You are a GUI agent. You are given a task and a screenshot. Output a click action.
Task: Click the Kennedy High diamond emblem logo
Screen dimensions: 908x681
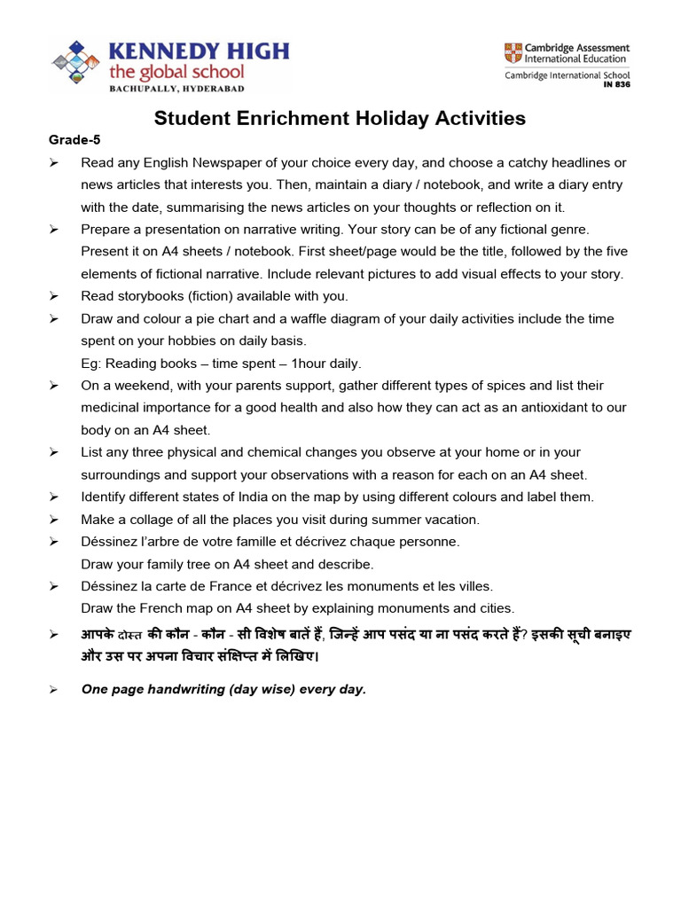click(x=77, y=64)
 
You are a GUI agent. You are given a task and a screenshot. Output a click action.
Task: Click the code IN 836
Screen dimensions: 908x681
click(x=615, y=84)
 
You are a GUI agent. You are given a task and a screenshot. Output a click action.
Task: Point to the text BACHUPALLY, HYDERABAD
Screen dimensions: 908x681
click(x=176, y=89)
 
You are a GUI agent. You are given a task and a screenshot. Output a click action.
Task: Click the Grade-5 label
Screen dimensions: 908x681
click(x=69, y=140)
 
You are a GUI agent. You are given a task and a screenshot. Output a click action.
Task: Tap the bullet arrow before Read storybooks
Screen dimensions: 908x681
click(x=53, y=296)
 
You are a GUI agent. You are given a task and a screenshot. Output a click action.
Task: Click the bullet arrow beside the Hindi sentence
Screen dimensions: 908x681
click(x=53, y=635)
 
